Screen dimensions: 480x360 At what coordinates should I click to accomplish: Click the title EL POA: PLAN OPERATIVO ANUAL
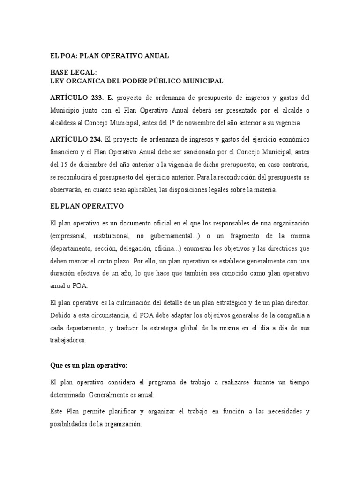[109, 56]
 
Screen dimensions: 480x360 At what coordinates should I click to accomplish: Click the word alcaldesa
[66, 123]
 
